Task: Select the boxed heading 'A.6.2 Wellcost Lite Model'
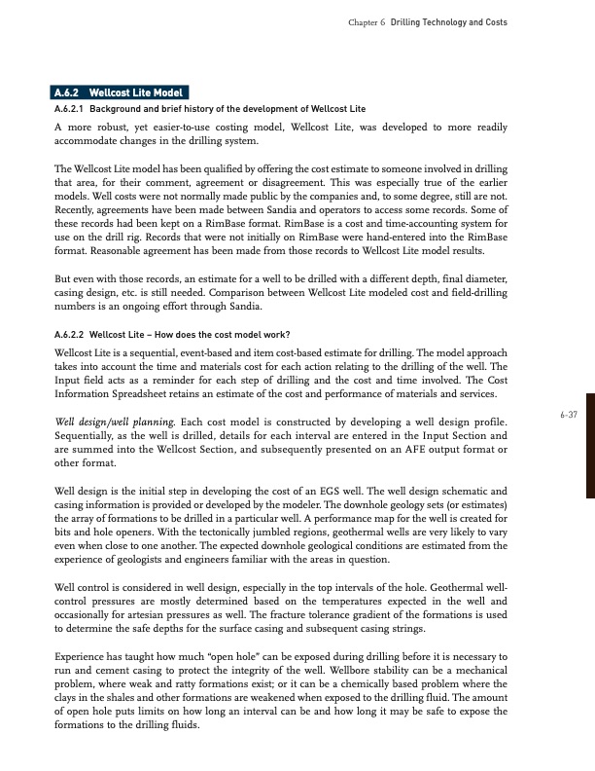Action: [x=116, y=92]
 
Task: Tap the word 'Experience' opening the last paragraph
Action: [x=83, y=658]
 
